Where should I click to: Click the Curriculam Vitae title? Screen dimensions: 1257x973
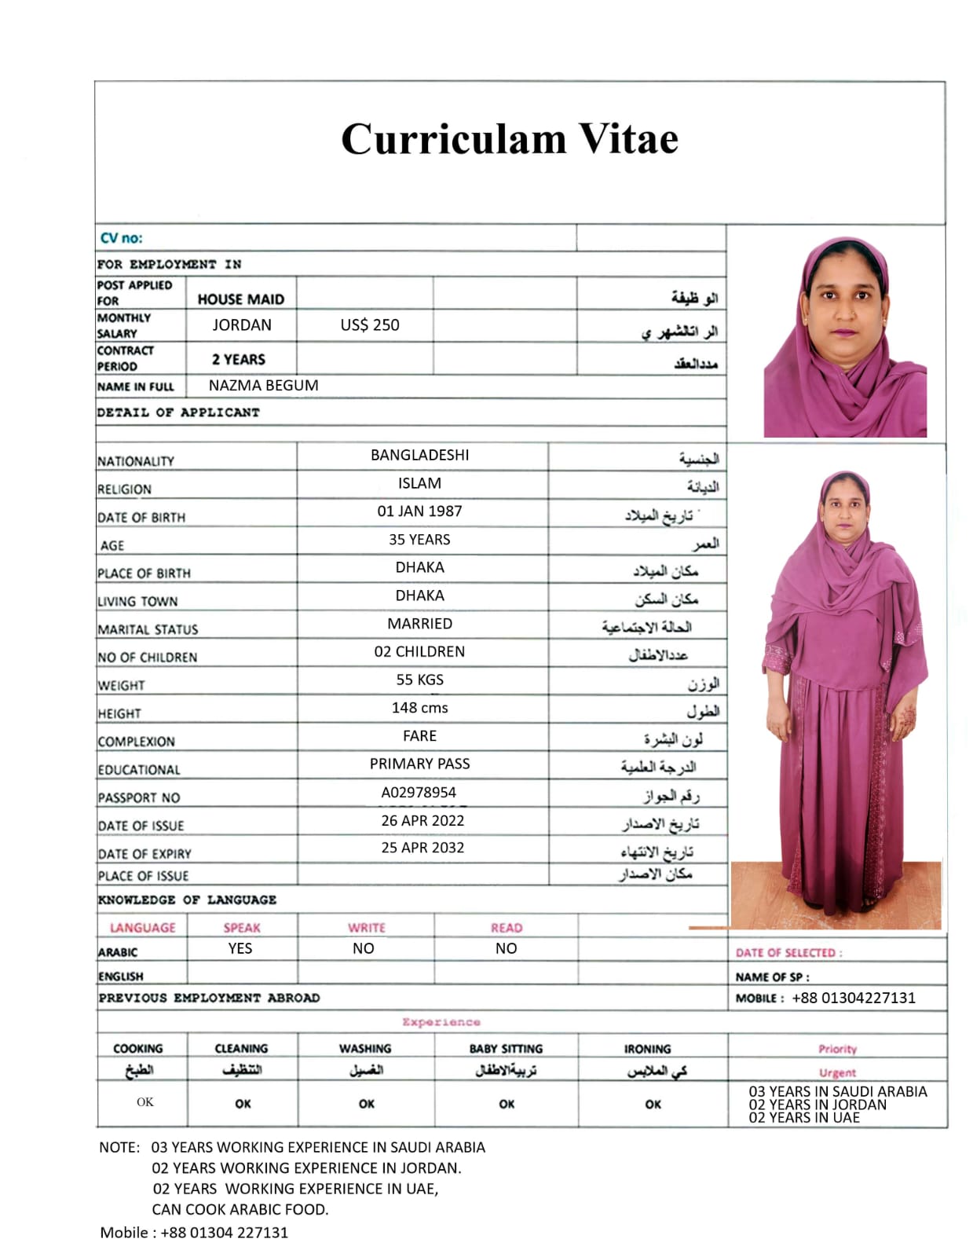coord(509,140)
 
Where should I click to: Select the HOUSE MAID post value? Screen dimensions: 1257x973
coord(241,299)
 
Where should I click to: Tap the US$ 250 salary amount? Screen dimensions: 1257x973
coord(370,324)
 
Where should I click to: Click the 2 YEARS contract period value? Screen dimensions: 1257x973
coord(239,359)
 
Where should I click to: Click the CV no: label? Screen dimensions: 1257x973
coord(122,238)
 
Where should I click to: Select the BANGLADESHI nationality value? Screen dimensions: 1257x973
coord(420,455)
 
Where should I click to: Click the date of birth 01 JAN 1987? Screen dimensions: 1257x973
coord(419,511)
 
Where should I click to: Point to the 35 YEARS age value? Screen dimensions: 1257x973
coord(419,540)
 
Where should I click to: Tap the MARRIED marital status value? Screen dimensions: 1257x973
coord(419,624)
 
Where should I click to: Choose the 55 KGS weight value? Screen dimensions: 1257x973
coord(419,680)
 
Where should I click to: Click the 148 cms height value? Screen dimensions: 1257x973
coord(419,708)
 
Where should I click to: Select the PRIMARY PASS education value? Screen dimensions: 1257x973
coord(419,764)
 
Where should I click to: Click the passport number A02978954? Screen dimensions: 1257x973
coord(419,792)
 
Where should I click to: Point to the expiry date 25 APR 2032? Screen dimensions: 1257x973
coord(422,848)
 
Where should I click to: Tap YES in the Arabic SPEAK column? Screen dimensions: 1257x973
coord(240,948)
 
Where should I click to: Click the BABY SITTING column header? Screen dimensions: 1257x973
coord(506,1049)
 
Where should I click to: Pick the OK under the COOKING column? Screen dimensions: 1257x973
coord(145,1102)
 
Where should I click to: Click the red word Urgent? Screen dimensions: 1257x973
coord(837,1072)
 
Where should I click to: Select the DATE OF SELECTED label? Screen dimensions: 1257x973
coord(788,953)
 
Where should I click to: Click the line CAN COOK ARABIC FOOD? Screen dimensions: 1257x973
coord(240,1210)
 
